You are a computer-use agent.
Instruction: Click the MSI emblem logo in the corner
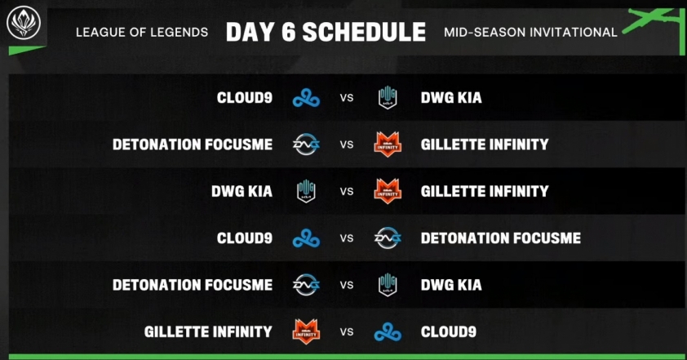(x=24, y=23)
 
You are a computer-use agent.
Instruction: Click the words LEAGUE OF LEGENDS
(x=142, y=33)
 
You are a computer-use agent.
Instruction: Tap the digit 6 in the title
(x=288, y=32)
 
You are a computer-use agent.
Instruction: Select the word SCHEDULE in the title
(x=364, y=32)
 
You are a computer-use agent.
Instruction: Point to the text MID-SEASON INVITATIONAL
(x=530, y=33)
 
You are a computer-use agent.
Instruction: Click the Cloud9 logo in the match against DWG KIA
(x=306, y=97)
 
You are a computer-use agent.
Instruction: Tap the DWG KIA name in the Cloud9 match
(x=451, y=97)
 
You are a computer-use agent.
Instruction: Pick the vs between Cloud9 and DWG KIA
(x=347, y=98)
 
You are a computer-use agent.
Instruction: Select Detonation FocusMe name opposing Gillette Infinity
(x=193, y=144)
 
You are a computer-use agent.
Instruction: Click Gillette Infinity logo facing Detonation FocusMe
(x=388, y=144)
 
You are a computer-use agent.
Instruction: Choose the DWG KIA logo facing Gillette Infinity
(x=306, y=191)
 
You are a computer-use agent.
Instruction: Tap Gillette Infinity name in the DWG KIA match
(x=485, y=191)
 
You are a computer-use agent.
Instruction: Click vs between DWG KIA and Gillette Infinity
(x=347, y=192)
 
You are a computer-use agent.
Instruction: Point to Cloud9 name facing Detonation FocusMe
(x=245, y=238)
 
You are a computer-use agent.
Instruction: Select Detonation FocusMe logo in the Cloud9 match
(x=388, y=238)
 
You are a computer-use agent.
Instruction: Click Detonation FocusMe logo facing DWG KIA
(x=306, y=285)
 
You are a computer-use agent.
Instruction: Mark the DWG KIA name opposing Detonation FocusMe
(x=451, y=285)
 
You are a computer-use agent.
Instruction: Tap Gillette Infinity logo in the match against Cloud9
(x=306, y=331)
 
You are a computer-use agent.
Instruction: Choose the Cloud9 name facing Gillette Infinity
(x=449, y=332)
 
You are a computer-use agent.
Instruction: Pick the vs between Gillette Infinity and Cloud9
(x=347, y=332)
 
